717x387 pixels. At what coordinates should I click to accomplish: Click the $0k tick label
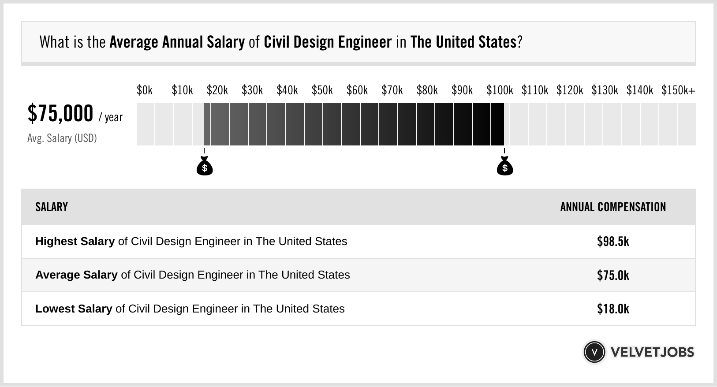tap(145, 90)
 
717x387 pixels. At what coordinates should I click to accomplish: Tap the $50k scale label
tap(322, 90)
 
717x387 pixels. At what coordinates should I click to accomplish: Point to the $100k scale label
tap(500, 90)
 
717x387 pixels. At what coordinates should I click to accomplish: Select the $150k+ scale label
tap(678, 90)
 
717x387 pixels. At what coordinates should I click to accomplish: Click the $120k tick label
tap(570, 90)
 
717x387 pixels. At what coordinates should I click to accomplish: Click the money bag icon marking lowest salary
tap(205, 167)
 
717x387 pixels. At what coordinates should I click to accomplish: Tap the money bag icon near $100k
tap(505, 167)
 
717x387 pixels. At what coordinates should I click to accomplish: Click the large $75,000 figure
tap(60, 113)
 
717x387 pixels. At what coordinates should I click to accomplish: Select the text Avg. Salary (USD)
tap(62, 138)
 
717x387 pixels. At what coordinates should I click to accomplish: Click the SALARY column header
tap(52, 207)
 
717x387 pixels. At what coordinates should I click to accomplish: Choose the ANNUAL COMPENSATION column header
tap(613, 207)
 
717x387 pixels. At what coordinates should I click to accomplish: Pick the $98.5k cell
tap(613, 242)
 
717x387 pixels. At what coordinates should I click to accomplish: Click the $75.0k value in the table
tap(613, 275)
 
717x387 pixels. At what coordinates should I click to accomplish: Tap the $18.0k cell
tap(613, 309)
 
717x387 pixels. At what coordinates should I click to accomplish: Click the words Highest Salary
tap(75, 242)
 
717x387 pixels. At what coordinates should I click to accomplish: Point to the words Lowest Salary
tap(74, 309)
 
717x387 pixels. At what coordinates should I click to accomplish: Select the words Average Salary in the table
tap(76, 275)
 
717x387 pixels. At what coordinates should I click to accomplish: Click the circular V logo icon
tap(594, 352)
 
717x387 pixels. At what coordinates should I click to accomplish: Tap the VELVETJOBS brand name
tap(652, 352)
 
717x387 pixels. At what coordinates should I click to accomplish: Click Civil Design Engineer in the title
tap(328, 42)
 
